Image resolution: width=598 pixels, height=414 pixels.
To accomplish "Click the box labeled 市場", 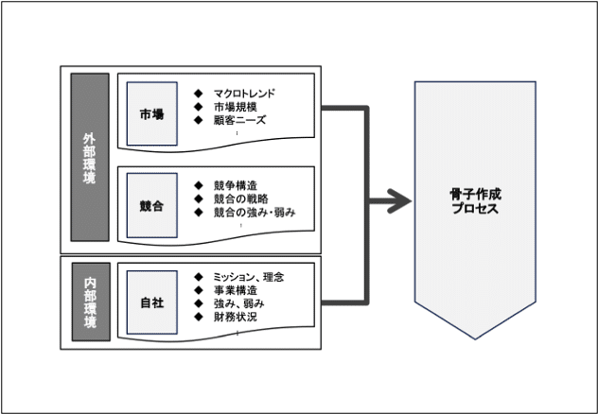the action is [x=151, y=113].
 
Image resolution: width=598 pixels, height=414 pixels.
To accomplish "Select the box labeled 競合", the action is [x=151, y=205].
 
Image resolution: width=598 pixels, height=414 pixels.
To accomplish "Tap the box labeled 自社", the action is [x=151, y=302].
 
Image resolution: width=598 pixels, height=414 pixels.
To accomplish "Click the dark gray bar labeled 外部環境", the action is [x=90, y=157].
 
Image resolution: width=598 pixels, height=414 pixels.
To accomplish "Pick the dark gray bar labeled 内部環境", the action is [x=91, y=302].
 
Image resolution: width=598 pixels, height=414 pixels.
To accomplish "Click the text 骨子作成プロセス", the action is [x=475, y=201].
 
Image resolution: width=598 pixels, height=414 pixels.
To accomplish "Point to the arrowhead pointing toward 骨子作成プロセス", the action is [x=399, y=201].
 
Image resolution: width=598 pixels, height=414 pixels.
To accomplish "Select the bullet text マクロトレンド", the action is [x=244, y=94].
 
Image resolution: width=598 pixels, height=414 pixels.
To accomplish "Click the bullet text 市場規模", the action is [x=236, y=107].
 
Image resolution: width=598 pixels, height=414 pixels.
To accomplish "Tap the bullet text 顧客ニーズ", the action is [x=239, y=120].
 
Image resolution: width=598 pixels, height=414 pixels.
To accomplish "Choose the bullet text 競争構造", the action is [x=236, y=185].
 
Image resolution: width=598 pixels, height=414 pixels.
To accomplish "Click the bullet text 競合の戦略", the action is [x=241, y=198].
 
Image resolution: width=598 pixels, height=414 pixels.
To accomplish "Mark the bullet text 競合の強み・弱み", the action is [x=255, y=212].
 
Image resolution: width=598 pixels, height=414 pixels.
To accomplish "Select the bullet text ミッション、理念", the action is [x=249, y=277].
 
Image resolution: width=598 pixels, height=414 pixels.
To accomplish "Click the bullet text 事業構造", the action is [x=236, y=290].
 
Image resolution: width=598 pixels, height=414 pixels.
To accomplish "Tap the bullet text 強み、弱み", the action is [x=239, y=303].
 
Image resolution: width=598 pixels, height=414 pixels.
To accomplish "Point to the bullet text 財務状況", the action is [x=236, y=317].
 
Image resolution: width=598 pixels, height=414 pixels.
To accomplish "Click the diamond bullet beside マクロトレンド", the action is [x=199, y=94].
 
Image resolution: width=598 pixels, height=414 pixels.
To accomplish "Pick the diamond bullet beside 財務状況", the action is [x=199, y=317].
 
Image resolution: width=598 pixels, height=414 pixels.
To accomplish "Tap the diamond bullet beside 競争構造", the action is [x=199, y=185].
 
